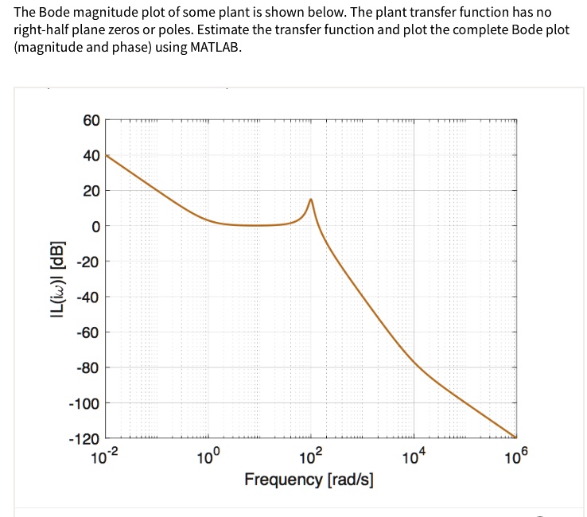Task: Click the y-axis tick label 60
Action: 91,121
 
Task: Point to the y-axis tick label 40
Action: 91,156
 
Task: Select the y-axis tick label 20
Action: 91,192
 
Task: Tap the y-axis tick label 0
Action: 95,227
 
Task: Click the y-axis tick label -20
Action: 87,262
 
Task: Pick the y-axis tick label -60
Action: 87,332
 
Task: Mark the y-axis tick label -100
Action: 84,403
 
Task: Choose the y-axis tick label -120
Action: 84,439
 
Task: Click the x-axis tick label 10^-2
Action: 104,457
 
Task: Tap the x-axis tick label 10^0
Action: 209,457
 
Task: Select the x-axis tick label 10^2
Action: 311,457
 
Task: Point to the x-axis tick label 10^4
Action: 414,457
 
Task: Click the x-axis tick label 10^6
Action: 516,457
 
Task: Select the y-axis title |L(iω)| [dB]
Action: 56,279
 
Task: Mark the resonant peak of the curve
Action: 311,200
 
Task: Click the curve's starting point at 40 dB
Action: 107,156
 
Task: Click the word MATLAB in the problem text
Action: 212,47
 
